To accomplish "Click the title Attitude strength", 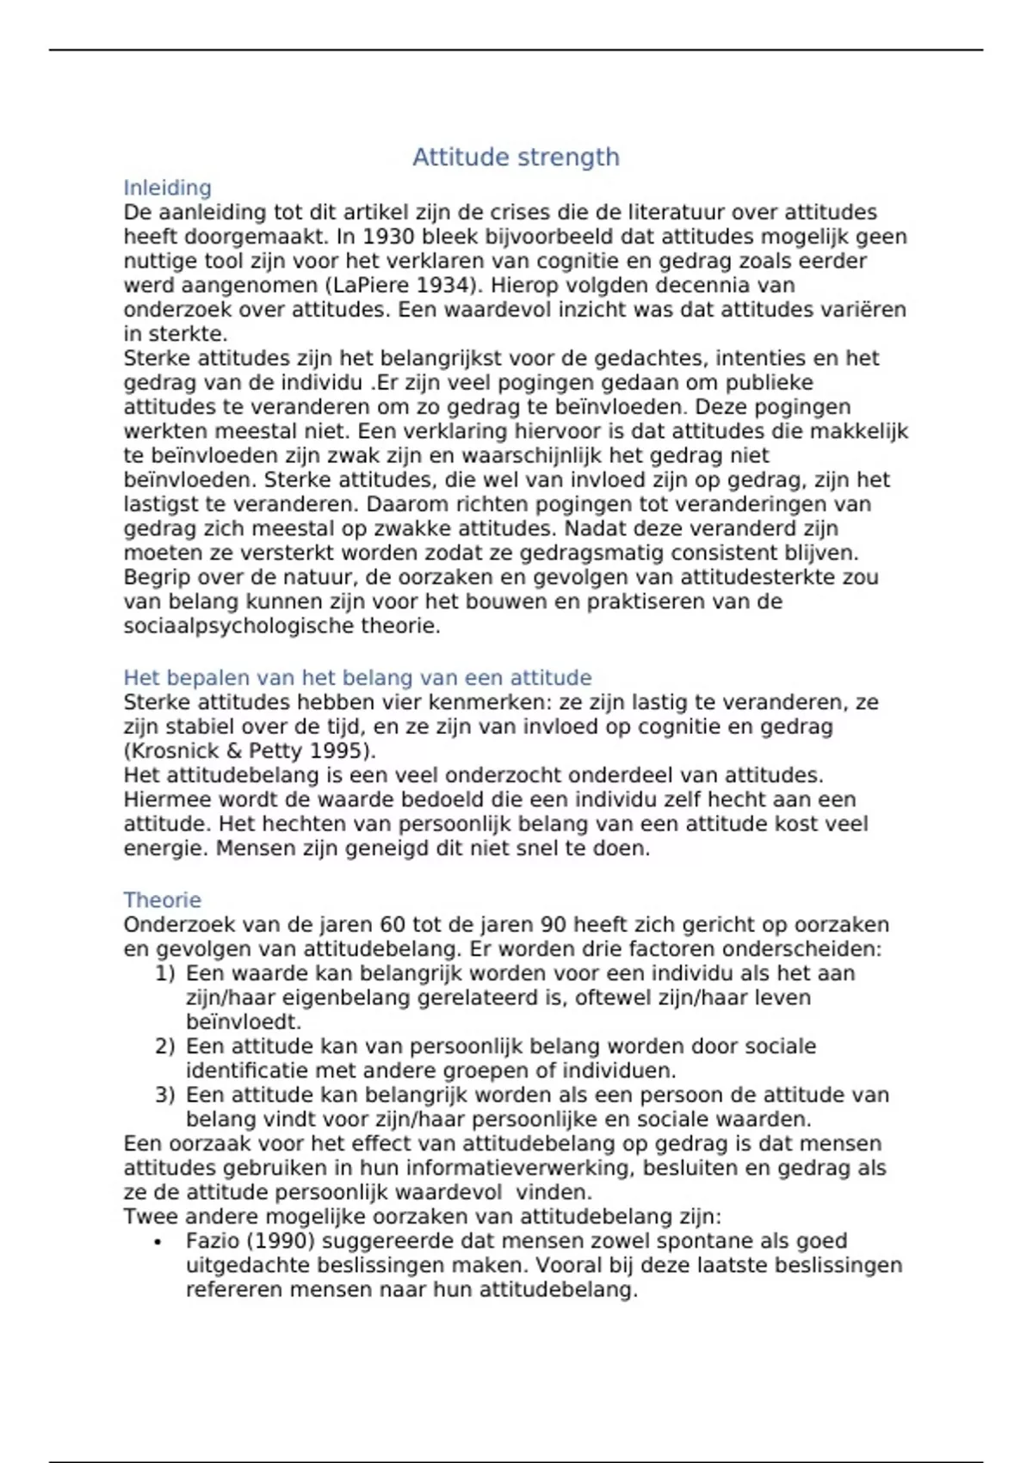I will [516, 157].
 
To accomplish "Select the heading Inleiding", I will [167, 188].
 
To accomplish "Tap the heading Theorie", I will [162, 900].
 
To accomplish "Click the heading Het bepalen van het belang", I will [357, 678].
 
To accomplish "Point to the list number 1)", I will [164, 973].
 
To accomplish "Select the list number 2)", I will [164, 1046].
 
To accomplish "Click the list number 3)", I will [164, 1096].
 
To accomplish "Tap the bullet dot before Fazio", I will [158, 1243].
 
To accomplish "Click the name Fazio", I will [213, 1241].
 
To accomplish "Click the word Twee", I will [149, 1217].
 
